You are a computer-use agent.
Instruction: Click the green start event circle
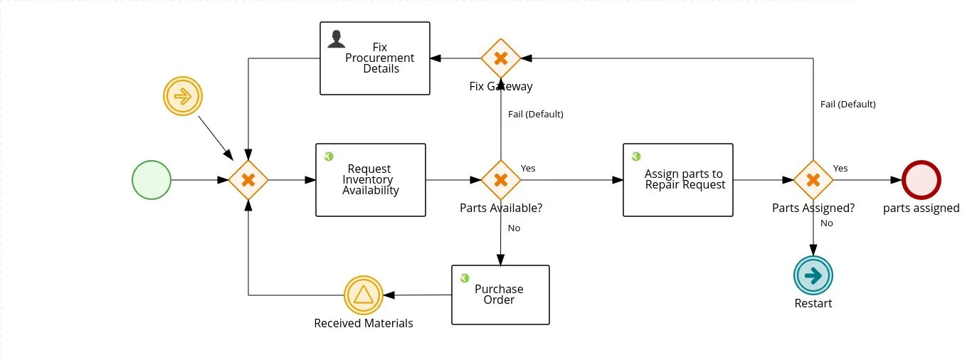click(152, 180)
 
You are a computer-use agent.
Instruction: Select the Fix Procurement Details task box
click(375, 58)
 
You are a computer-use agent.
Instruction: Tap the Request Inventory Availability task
click(371, 180)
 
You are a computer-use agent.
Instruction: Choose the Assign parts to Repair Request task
click(678, 180)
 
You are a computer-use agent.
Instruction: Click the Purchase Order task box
click(500, 295)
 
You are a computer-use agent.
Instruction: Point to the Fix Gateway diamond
click(501, 58)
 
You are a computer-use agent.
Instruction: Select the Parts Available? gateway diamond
click(501, 180)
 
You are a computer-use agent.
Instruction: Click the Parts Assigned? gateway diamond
click(813, 180)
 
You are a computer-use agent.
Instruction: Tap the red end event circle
click(921, 180)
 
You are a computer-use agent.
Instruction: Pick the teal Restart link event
click(813, 275)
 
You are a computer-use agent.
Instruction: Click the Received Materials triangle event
click(364, 295)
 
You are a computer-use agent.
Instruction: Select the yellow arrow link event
click(183, 96)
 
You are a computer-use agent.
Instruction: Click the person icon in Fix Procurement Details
click(337, 39)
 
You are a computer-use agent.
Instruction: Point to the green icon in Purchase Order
click(465, 278)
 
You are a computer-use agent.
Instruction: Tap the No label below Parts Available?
click(514, 228)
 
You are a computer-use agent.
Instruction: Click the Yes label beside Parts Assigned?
click(840, 168)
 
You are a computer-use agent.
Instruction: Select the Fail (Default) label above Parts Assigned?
click(848, 104)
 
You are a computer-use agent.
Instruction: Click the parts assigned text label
click(921, 208)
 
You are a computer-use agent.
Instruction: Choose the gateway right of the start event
click(248, 180)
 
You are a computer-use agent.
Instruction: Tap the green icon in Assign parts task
click(636, 157)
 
